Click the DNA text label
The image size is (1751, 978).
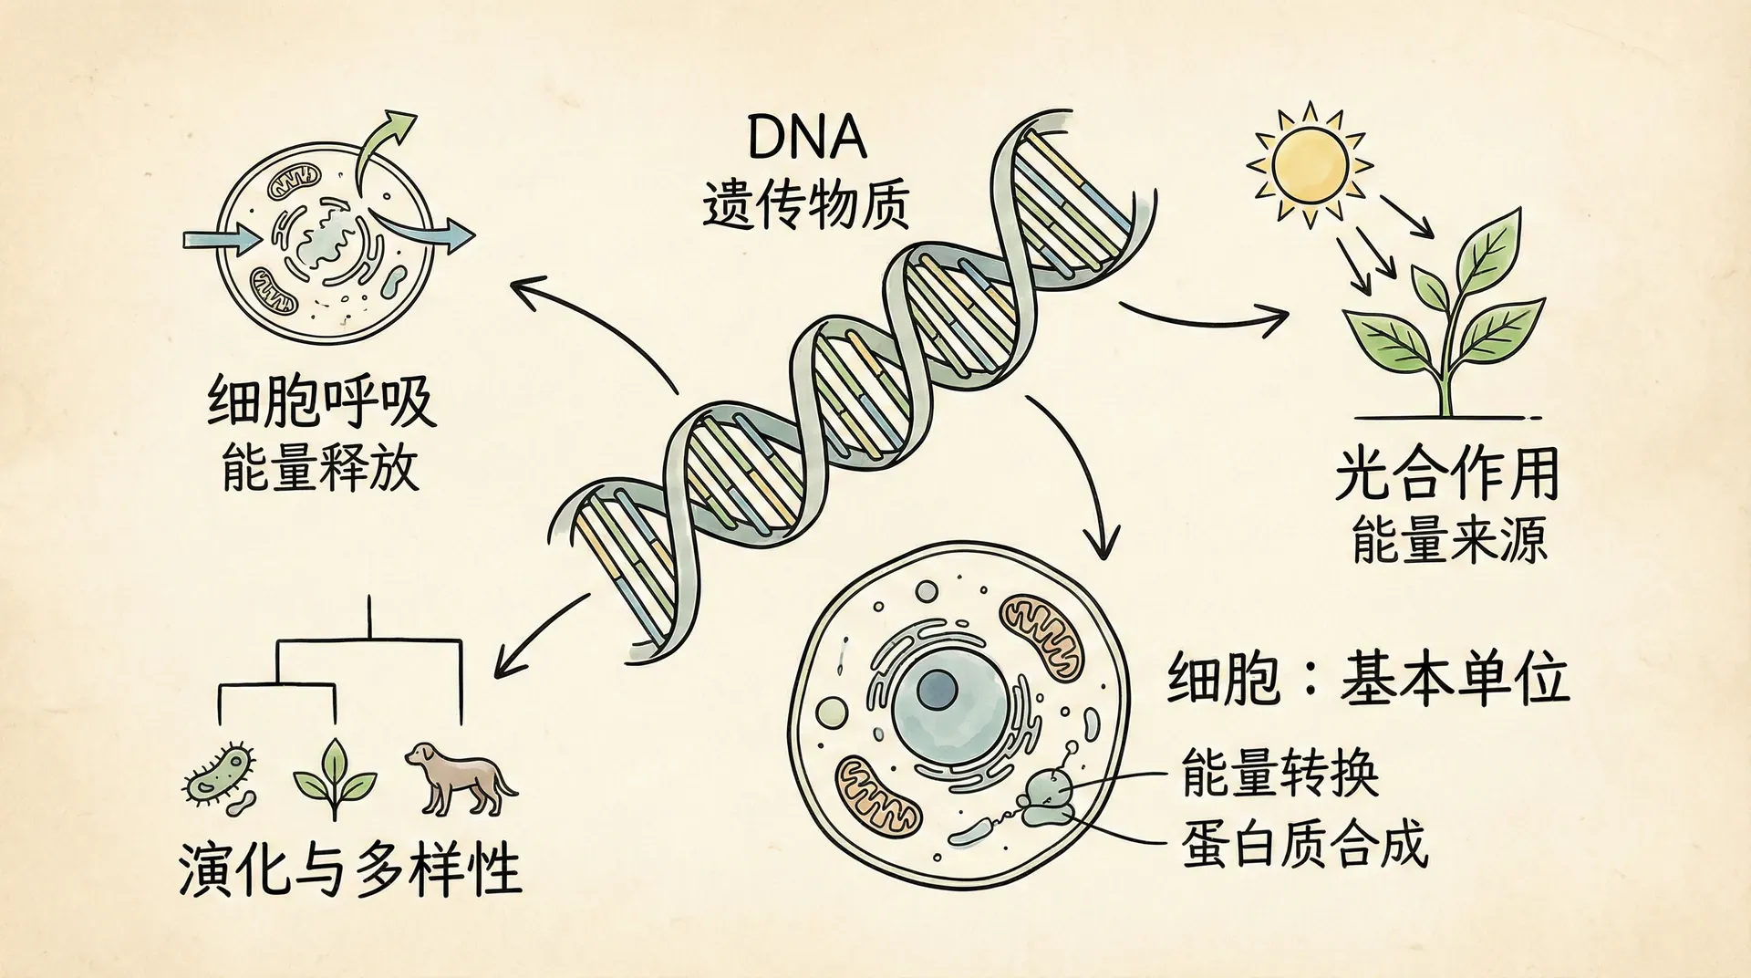coord(806,139)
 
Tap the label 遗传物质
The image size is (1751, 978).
coord(806,205)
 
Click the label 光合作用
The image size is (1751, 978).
coord(1447,474)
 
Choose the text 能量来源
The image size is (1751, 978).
coord(1449,540)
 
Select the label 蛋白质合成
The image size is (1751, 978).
coord(1304,844)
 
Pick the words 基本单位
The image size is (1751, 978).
coord(1454,681)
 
